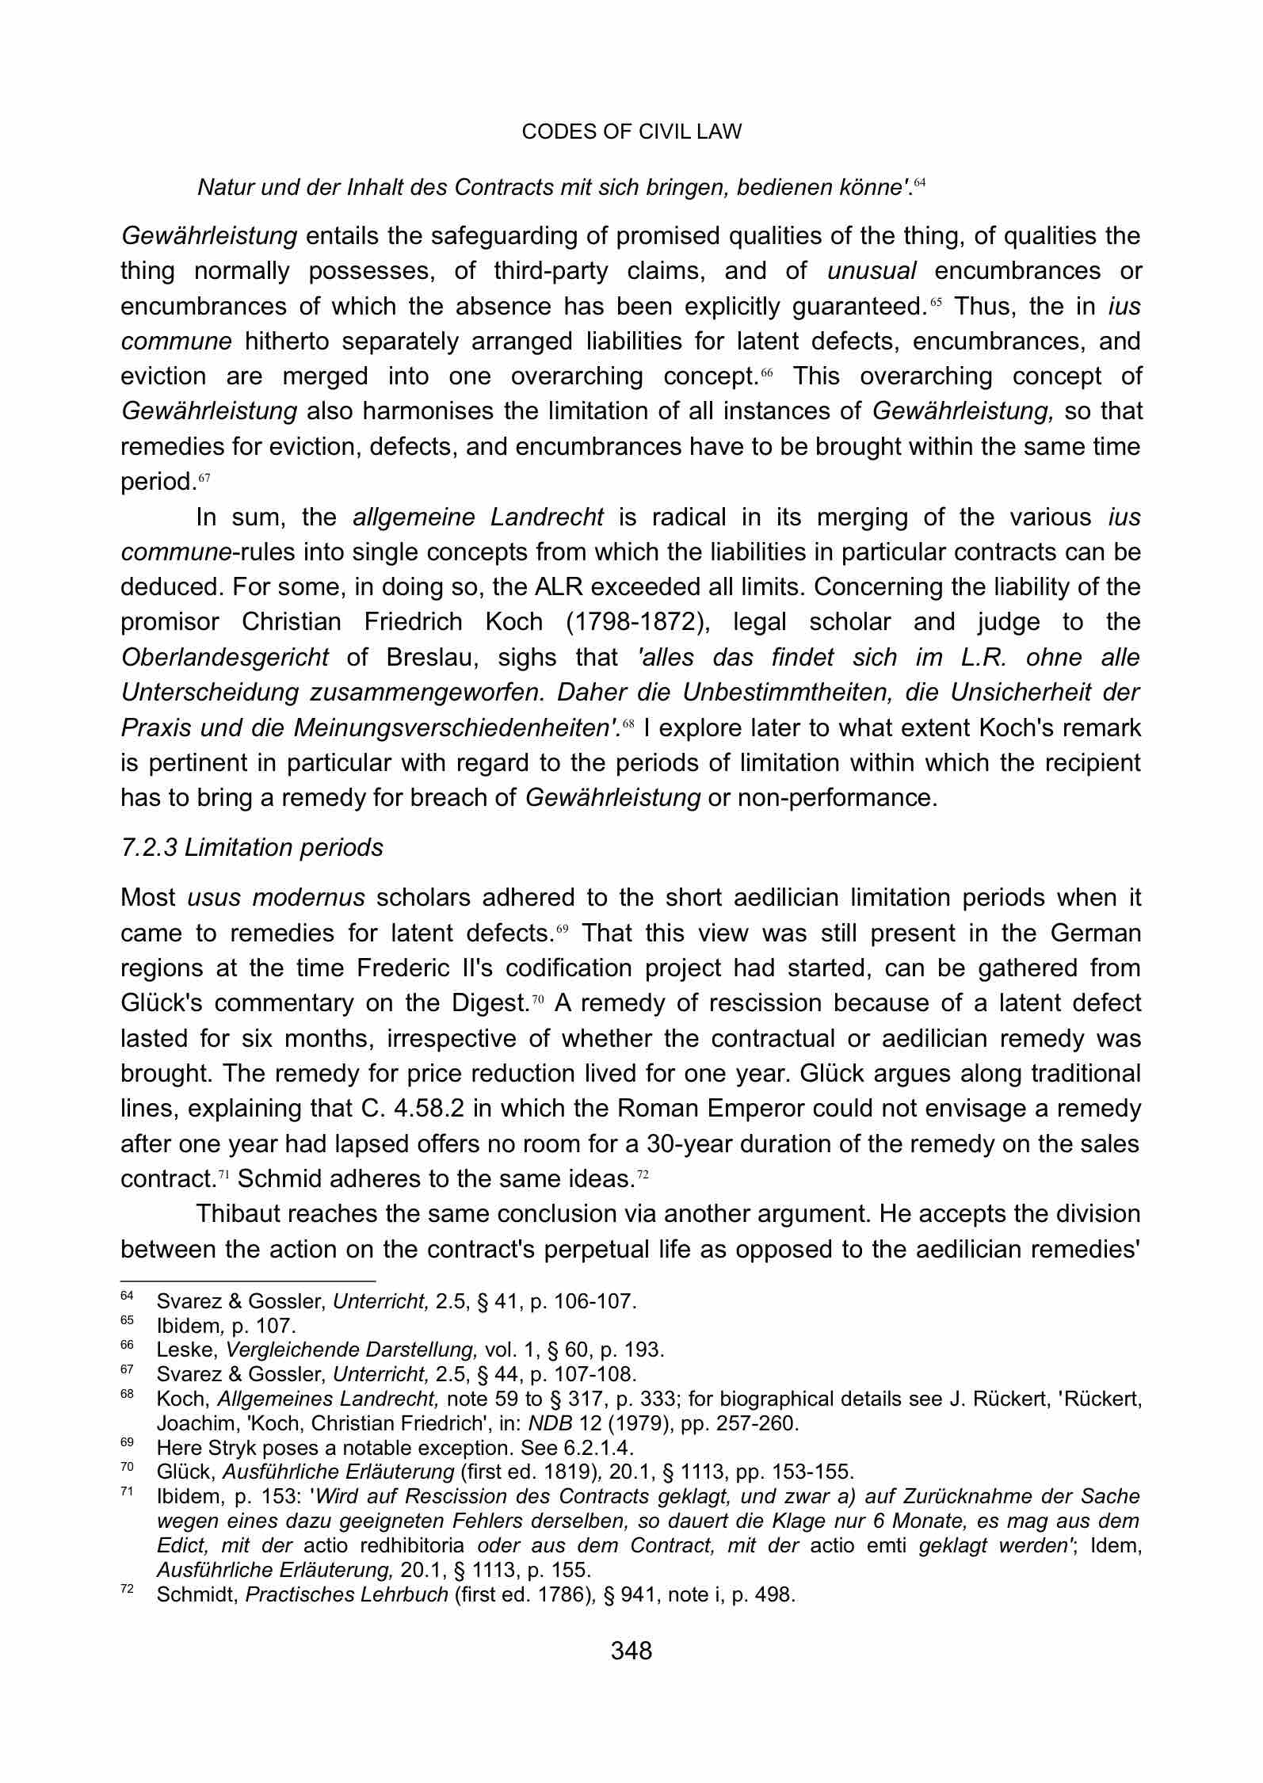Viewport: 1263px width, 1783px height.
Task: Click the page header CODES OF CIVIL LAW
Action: [x=631, y=132]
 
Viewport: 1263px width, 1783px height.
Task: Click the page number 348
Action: [x=631, y=1651]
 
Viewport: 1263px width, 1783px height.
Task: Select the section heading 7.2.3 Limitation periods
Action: [x=251, y=848]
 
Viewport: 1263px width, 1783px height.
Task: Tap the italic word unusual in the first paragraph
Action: [x=872, y=272]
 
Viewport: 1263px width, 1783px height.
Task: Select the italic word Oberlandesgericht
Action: [x=224, y=658]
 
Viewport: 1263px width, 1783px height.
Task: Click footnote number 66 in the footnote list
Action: [x=127, y=1346]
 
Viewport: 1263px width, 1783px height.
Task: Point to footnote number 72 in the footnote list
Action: [x=127, y=1591]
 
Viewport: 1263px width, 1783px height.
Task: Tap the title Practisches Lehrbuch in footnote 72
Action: [x=347, y=1594]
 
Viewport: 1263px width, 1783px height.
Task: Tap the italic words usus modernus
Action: [x=276, y=899]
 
